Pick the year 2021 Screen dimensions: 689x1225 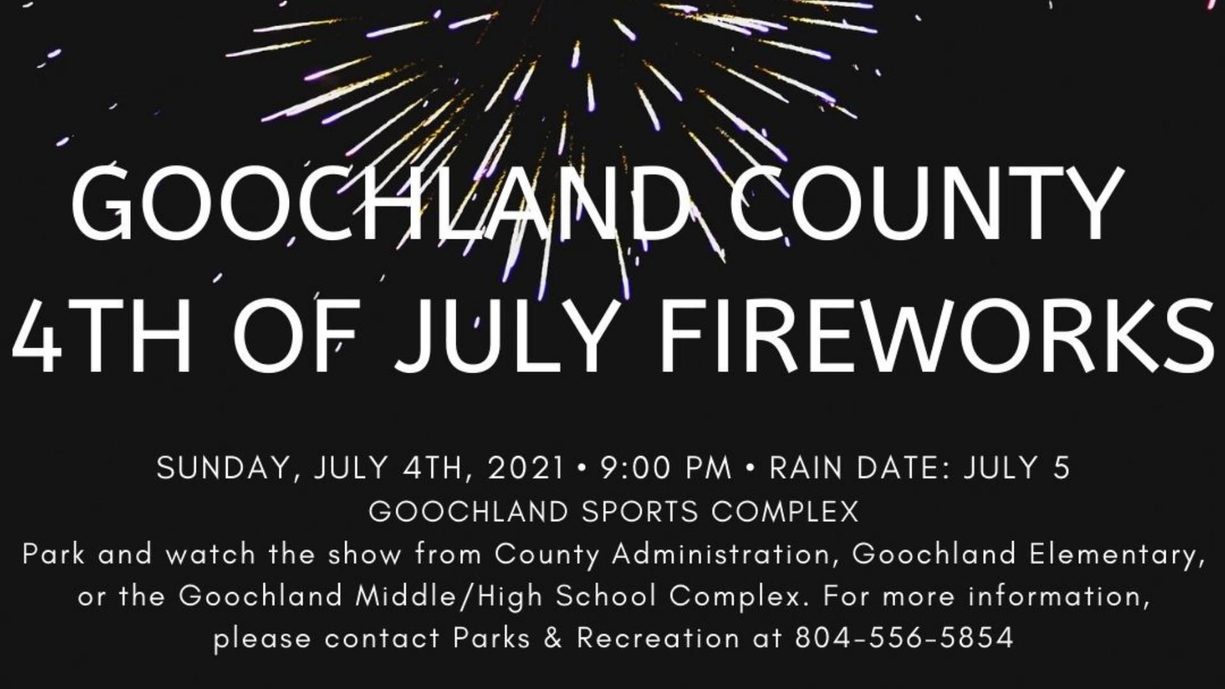(526, 468)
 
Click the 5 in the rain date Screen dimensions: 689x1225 (1062, 468)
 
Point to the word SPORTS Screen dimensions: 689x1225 (638, 512)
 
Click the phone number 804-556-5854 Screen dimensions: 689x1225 (904, 638)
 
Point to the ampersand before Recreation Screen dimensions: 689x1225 (553, 638)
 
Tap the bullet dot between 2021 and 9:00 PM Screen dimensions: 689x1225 (580, 470)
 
